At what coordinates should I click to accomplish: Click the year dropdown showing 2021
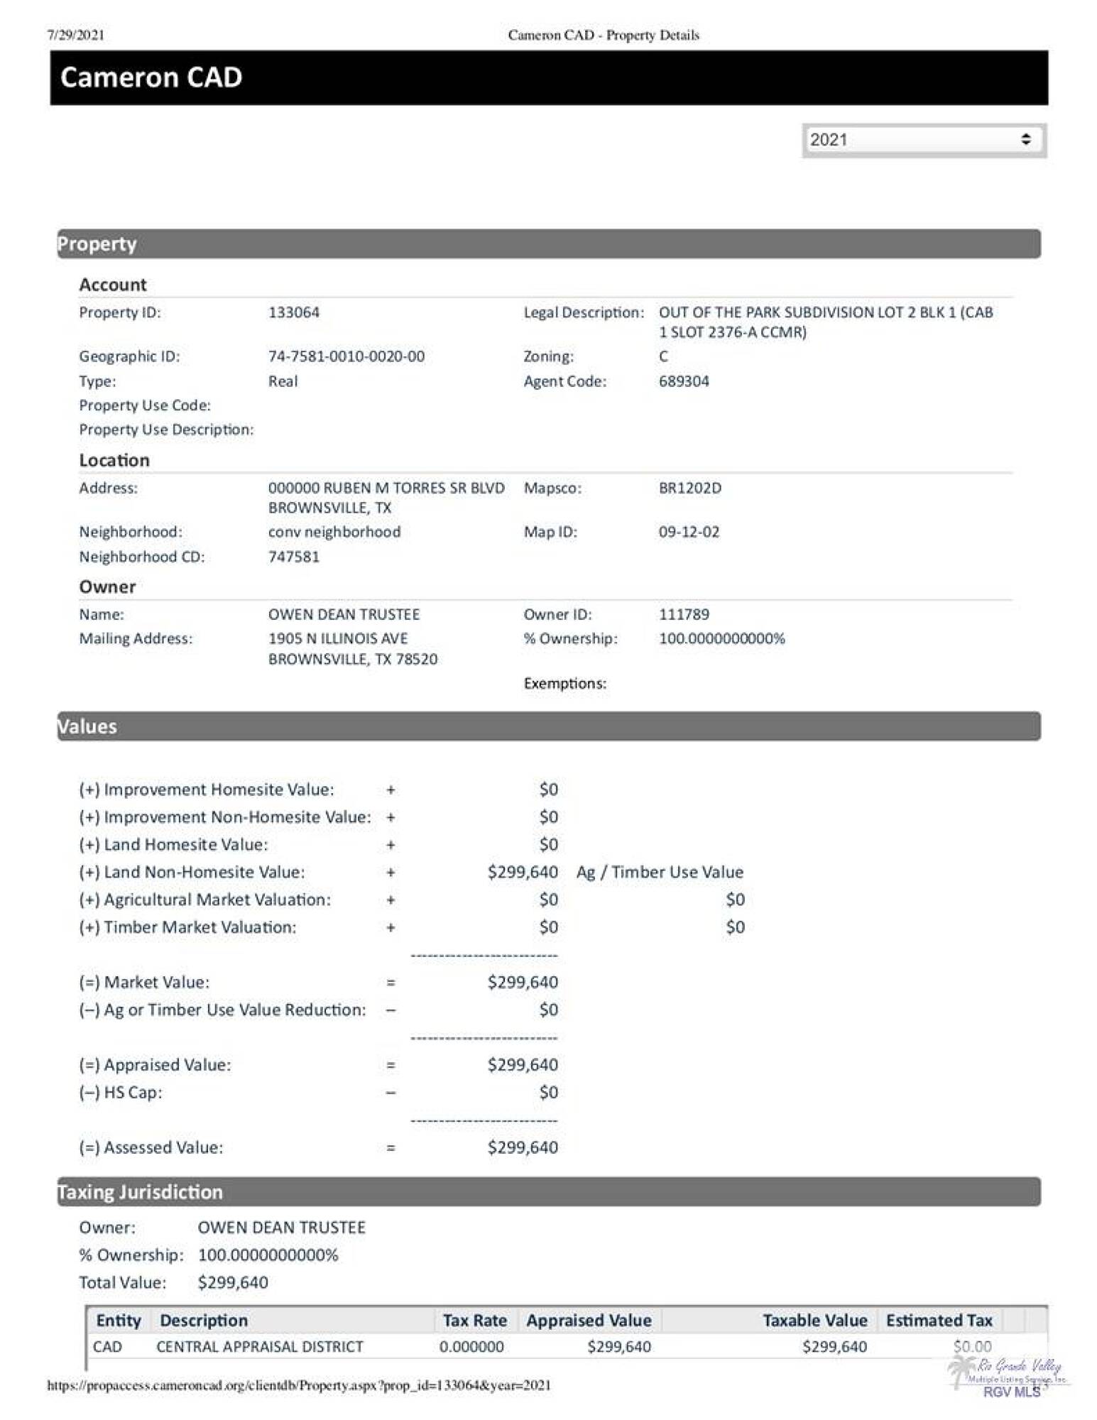pyautogui.click(x=923, y=140)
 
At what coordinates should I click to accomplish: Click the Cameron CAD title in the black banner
pyautogui.click(x=151, y=77)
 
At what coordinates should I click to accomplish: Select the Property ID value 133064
pyautogui.click(x=294, y=312)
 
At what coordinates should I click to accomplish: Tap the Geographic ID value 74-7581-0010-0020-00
pyautogui.click(x=346, y=356)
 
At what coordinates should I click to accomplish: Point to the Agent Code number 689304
pyautogui.click(x=684, y=381)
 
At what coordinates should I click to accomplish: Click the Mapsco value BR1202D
pyautogui.click(x=689, y=488)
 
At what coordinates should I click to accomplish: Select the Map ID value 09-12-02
pyautogui.click(x=689, y=532)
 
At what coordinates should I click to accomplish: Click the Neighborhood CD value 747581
pyautogui.click(x=294, y=557)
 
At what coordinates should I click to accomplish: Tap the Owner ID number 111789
pyautogui.click(x=684, y=614)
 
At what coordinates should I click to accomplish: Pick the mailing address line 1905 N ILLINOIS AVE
pyautogui.click(x=338, y=638)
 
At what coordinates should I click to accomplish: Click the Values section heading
pyautogui.click(x=87, y=726)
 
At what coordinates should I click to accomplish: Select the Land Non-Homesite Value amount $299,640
pyautogui.click(x=523, y=872)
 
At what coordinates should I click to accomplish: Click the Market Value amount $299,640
pyautogui.click(x=523, y=982)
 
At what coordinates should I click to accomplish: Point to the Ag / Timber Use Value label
pyautogui.click(x=660, y=872)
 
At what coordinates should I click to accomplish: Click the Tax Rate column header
pyautogui.click(x=474, y=1321)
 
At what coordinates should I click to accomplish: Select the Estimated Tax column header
pyautogui.click(x=939, y=1321)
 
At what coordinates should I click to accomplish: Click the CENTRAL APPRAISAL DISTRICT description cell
pyautogui.click(x=260, y=1347)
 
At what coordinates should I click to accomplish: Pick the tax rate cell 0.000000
pyautogui.click(x=471, y=1347)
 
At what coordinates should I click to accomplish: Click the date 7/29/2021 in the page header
pyautogui.click(x=76, y=35)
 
